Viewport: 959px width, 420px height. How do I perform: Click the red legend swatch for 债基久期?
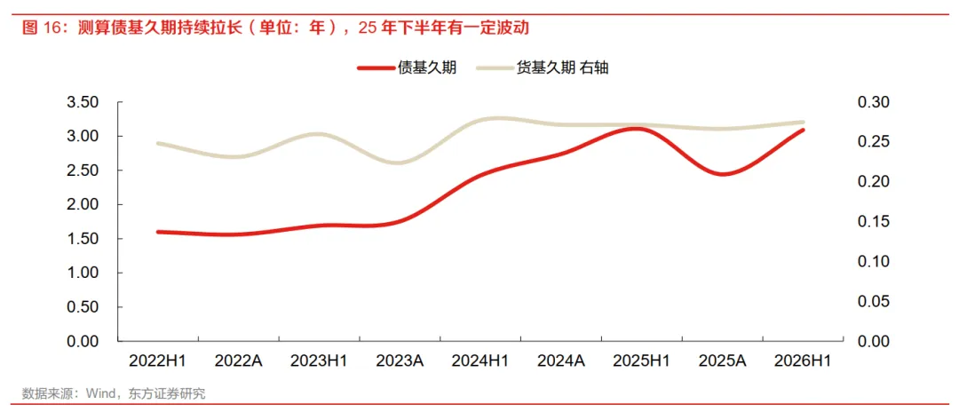point(375,67)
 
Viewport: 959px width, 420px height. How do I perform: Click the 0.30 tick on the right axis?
point(876,102)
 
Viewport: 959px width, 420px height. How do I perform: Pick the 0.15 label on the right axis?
point(876,222)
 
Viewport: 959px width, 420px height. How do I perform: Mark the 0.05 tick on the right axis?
point(876,301)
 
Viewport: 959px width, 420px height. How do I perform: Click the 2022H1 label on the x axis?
point(157,361)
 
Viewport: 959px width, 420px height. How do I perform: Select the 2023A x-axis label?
point(400,361)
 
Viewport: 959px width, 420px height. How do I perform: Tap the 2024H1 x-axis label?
point(480,361)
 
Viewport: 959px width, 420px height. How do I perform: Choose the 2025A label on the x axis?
point(722,361)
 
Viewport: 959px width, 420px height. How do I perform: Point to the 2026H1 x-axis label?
point(803,361)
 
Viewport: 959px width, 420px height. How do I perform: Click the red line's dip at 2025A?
point(722,174)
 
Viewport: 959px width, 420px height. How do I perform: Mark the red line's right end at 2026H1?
point(803,130)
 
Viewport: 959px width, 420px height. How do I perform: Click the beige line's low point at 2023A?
point(400,162)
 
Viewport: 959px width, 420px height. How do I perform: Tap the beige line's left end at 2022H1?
point(158,144)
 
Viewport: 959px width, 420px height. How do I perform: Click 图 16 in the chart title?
point(39,28)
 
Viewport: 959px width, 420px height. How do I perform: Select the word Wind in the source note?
point(99,393)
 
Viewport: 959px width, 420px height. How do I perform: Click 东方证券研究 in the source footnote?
point(166,393)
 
